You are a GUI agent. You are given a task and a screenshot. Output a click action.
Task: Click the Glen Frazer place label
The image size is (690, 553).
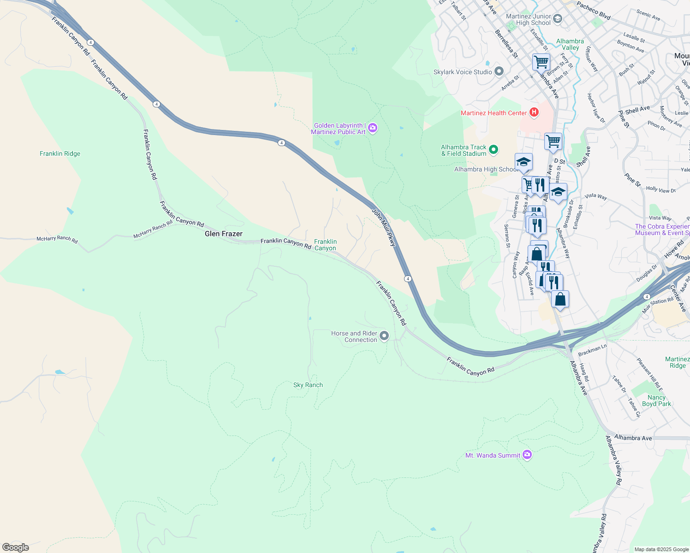[x=223, y=234]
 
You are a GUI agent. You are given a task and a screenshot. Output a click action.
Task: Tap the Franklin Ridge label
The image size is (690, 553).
[x=60, y=153]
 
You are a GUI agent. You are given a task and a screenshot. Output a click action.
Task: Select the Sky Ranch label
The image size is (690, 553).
[x=308, y=385]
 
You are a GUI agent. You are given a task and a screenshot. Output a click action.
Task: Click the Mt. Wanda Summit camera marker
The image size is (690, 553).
[x=527, y=455]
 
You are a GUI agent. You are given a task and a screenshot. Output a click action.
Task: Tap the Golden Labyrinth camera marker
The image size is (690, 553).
[x=373, y=128]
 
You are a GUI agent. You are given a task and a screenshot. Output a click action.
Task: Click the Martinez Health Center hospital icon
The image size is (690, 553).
[x=534, y=112]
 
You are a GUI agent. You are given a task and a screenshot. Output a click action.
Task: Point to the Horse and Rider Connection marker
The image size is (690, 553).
[x=384, y=336]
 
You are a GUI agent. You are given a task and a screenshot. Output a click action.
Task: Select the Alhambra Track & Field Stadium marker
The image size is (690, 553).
[x=494, y=150]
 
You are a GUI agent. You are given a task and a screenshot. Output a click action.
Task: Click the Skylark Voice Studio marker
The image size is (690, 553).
[x=499, y=71]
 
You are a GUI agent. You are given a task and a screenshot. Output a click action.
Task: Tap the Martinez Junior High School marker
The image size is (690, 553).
[x=558, y=18]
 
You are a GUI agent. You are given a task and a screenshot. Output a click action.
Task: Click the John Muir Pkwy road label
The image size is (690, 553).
[x=384, y=227]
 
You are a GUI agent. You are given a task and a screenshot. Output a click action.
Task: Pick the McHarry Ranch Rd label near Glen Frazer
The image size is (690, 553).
[x=153, y=229]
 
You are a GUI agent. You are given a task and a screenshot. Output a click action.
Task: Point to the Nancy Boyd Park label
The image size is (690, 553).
[x=656, y=400]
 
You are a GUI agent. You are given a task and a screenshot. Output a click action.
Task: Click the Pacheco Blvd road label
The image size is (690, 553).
[x=594, y=11]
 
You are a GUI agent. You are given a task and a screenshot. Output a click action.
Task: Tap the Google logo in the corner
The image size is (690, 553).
[x=16, y=547]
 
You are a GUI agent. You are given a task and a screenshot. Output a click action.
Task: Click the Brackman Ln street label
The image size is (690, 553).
[x=592, y=350]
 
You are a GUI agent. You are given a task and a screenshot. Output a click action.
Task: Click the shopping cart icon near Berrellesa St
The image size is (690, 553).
[x=541, y=61]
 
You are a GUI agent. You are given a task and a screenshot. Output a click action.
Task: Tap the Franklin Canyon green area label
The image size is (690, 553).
[x=325, y=245]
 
